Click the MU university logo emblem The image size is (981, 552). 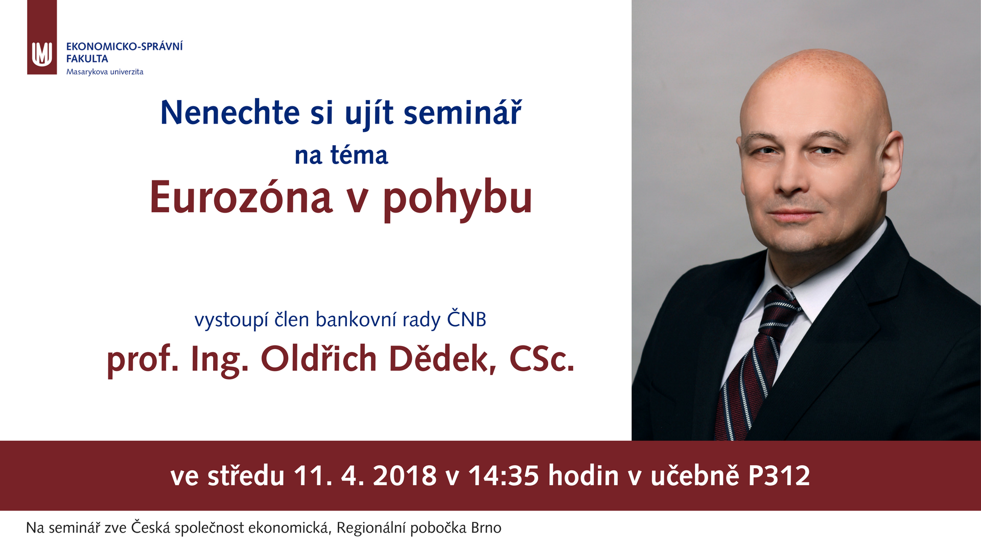click(x=42, y=54)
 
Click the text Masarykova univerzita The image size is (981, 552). click(x=105, y=72)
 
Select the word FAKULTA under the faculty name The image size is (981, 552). click(x=87, y=59)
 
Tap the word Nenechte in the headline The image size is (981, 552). click(x=230, y=112)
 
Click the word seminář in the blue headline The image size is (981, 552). click(x=462, y=112)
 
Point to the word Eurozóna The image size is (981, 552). click(x=241, y=198)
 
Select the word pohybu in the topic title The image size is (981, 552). click(x=458, y=199)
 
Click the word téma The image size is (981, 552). click(x=359, y=155)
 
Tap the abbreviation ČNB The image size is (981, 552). click(x=466, y=319)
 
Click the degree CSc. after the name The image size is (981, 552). click(x=542, y=359)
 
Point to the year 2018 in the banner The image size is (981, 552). click(x=405, y=476)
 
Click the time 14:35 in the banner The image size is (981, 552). click(x=504, y=476)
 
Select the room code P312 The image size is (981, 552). click(x=779, y=476)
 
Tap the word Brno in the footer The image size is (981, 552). click(x=486, y=527)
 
